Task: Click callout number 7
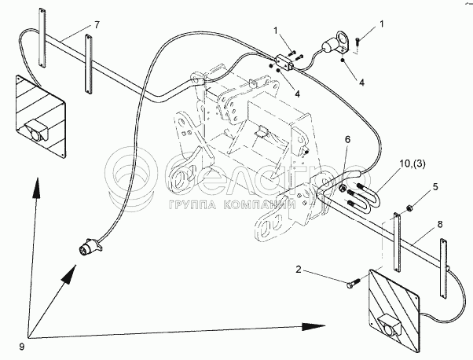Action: coord(97,25)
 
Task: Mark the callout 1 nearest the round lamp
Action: coord(382,24)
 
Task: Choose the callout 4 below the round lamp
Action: coord(361,82)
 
